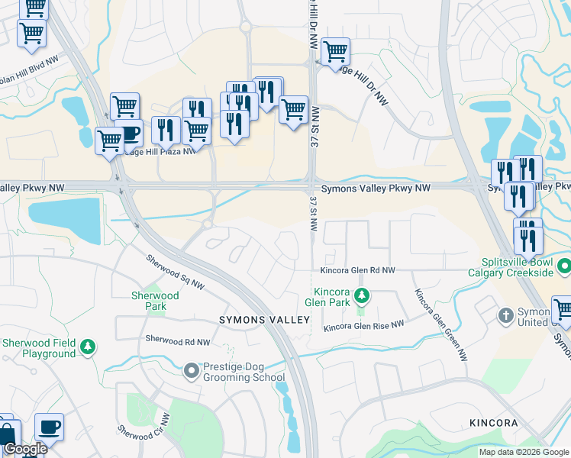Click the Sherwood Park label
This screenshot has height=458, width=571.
click(x=155, y=301)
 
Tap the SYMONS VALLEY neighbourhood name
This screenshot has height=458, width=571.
click(x=265, y=319)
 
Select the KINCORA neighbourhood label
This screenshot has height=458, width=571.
click(x=493, y=422)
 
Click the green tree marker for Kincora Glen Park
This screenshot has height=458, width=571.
click(x=363, y=295)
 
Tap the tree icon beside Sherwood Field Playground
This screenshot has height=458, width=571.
click(x=89, y=347)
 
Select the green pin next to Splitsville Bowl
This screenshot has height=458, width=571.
click(x=564, y=267)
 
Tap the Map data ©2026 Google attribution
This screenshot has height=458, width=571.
click(x=524, y=452)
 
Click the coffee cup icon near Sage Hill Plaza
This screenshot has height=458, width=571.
click(x=129, y=134)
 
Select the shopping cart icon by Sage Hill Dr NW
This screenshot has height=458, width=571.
click(x=336, y=52)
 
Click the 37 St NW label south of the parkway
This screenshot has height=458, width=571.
click(x=313, y=214)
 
